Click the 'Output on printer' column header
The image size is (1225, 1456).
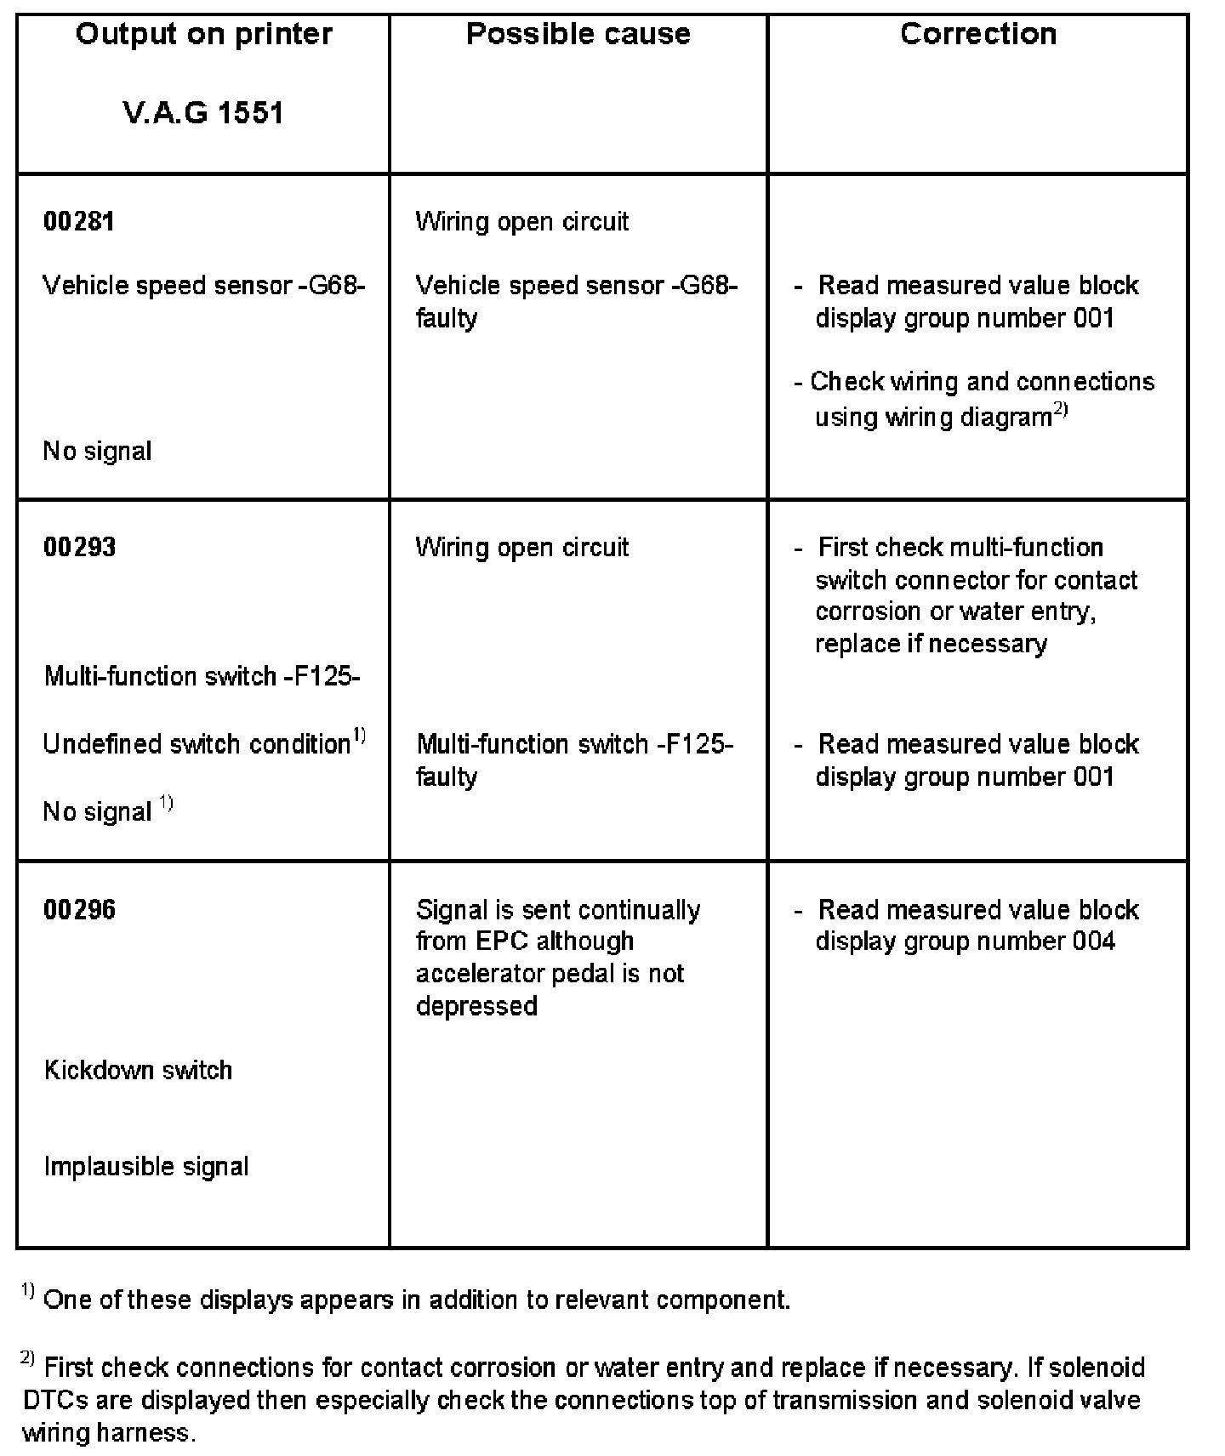[203, 35]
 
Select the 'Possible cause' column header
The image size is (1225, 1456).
[578, 35]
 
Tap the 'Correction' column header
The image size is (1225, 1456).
[978, 35]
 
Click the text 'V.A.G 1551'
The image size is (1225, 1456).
[203, 113]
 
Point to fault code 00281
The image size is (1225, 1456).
[79, 222]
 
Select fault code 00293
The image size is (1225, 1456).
[79, 547]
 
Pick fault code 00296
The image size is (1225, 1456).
[79, 910]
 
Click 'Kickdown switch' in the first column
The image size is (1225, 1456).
[138, 1070]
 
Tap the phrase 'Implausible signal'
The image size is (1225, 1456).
[146, 1166]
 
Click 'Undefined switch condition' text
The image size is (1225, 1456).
[197, 744]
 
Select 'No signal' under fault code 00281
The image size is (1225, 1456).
[97, 451]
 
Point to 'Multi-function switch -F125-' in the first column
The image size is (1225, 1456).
[202, 677]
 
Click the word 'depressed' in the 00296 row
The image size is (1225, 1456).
[476, 1006]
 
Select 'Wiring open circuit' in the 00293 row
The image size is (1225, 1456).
[521, 547]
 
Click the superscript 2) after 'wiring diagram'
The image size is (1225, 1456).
[1061, 412]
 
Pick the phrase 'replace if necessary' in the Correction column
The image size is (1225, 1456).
[931, 644]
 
